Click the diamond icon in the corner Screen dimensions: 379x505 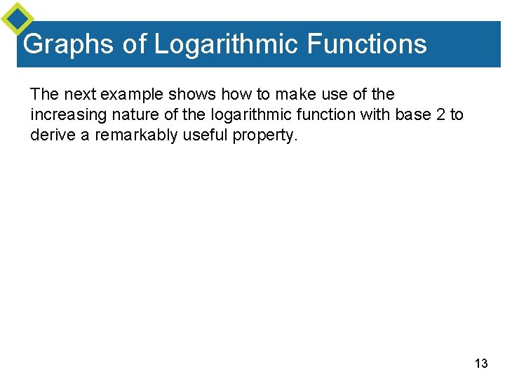(18, 18)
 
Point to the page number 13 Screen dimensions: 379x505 (481, 363)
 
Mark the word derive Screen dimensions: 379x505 (53, 135)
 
